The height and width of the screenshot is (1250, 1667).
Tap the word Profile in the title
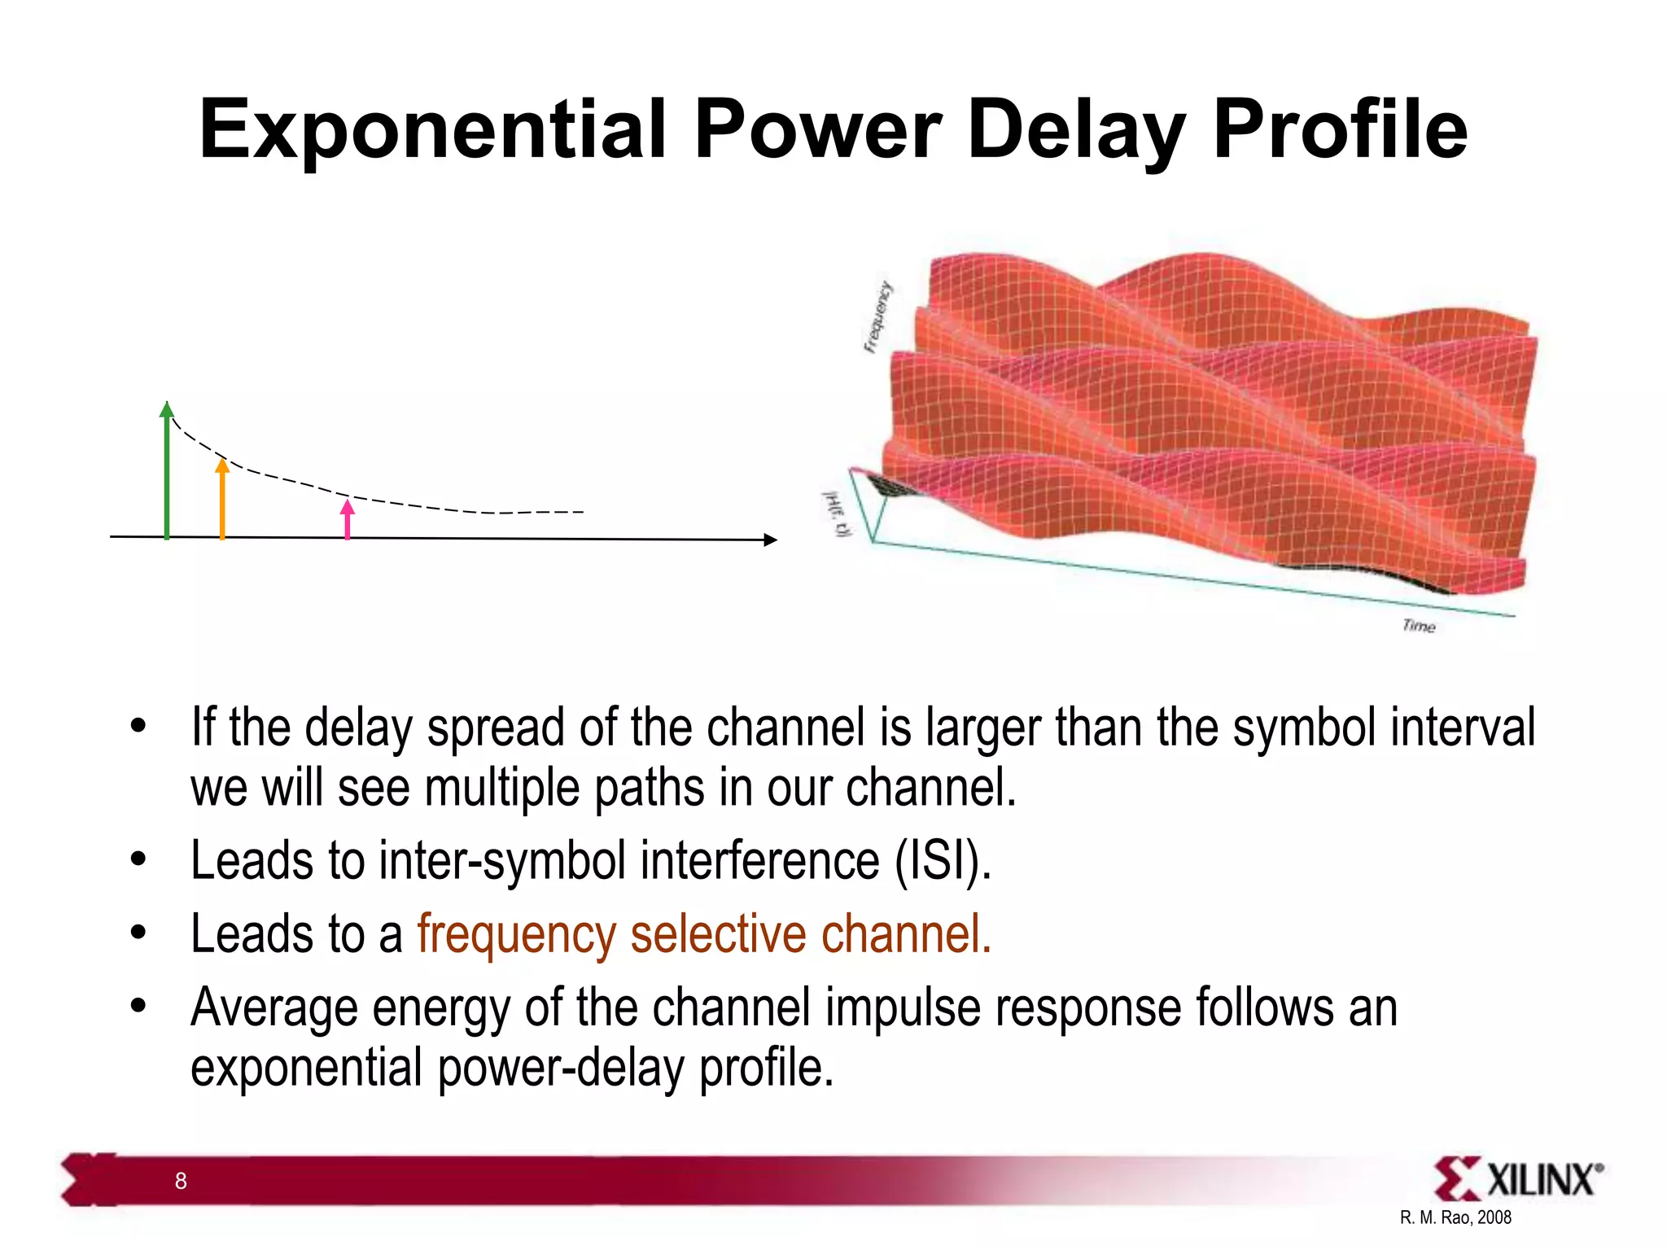click(1340, 130)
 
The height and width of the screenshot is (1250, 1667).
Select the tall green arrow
click(167, 472)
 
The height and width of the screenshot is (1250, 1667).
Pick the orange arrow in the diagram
click(222, 500)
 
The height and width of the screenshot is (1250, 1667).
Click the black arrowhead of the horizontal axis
click(770, 540)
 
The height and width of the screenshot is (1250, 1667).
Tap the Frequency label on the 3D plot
click(877, 318)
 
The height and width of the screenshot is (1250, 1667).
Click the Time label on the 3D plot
click(1419, 626)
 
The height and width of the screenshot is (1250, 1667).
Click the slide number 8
click(181, 1181)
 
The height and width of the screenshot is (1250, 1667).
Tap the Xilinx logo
click(1517, 1179)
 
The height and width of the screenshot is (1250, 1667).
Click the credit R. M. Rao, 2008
click(1455, 1217)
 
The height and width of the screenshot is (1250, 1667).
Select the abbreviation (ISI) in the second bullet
click(943, 860)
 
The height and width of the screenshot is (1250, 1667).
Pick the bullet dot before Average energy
click(138, 1007)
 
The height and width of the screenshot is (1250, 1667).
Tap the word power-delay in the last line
click(561, 1068)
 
